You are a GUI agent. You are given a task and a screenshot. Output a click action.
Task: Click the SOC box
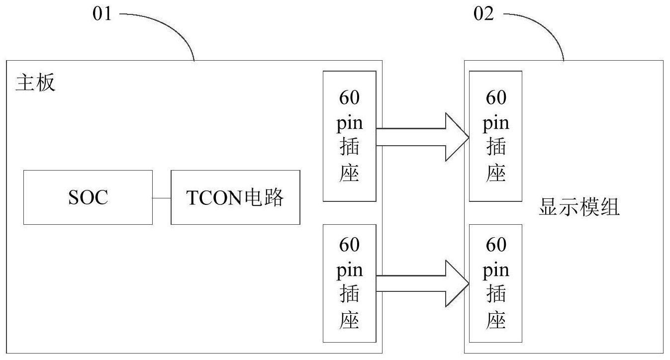[88, 197]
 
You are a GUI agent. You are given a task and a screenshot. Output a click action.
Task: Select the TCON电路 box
[235, 197]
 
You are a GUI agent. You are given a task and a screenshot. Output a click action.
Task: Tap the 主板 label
[35, 84]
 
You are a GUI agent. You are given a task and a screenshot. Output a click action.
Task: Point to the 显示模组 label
[579, 208]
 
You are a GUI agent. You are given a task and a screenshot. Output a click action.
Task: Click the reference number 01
[103, 14]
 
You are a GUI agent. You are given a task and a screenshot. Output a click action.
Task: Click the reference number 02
[484, 14]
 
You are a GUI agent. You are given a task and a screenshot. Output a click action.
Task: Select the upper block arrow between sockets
[423, 137]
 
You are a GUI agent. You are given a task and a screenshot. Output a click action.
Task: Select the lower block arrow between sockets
[423, 283]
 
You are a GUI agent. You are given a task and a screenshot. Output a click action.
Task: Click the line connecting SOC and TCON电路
[162, 197]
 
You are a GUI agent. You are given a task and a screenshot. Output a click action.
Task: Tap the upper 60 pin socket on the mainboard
[349, 136]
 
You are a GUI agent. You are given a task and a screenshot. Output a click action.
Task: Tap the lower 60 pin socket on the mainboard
[349, 283]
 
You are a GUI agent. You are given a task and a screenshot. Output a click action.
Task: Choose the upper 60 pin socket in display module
[495, 136]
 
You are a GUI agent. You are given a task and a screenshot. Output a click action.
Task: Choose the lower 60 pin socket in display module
[495, 283]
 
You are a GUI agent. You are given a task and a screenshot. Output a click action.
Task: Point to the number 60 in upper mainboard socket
[349, 98]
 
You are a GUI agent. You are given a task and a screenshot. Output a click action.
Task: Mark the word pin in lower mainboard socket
[349, 270]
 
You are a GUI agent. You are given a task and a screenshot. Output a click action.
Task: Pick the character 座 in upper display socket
[496, 174]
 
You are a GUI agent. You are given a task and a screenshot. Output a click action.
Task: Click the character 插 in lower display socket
[496, 295]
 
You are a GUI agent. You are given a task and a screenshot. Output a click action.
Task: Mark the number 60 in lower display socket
[496, 245]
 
